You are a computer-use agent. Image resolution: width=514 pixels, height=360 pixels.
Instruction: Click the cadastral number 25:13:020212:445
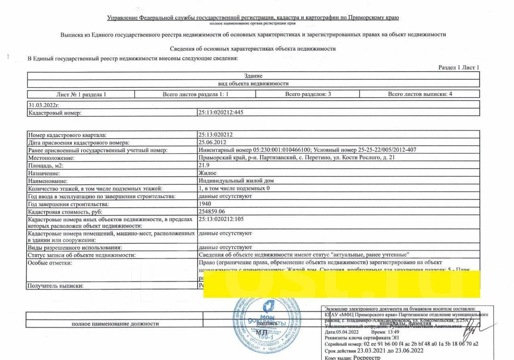pos(221,113)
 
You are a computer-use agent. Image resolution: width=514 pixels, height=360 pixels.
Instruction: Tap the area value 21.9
pos(204,165)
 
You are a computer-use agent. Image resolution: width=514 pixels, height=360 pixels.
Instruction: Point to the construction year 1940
pos(205,204)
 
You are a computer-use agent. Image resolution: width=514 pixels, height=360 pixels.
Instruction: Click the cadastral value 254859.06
pos(212,212)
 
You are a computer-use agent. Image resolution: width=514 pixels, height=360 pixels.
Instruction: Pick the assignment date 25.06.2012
pos(212,142)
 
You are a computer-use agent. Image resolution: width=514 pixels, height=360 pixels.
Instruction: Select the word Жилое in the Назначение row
pos(207,173)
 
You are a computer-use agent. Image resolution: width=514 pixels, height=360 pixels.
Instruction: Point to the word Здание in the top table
pos(253,76)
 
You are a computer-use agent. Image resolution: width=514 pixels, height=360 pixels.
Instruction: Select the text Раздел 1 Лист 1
pos(459,67)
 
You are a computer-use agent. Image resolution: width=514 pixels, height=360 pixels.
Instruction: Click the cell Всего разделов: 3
pos(308,94)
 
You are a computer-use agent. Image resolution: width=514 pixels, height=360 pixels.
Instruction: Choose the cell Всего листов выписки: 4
pos(420,94)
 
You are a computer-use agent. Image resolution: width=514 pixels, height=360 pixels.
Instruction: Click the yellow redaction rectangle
pos(341,285)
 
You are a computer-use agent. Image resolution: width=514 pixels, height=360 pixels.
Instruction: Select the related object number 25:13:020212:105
pos(221,219)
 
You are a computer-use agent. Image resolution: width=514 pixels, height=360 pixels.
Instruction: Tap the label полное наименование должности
pos(115,323)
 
